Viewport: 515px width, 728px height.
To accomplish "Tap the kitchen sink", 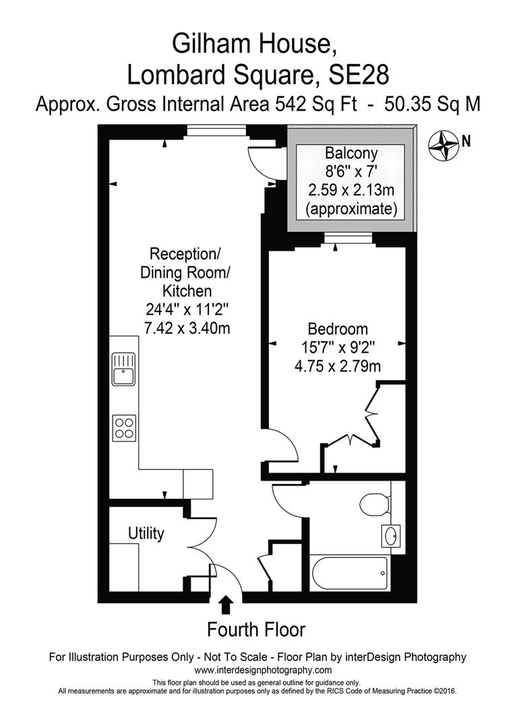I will point(124,368).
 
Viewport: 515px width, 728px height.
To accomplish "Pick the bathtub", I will point(349,573).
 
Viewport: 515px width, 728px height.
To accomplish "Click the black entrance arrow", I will point(227,604).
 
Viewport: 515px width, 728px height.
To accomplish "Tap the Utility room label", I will point(146,534).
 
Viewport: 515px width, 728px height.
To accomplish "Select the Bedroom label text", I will point(338,330).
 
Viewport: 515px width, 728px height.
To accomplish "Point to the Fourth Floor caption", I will point(256,630).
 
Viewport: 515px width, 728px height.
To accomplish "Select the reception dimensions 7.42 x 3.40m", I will point(185,327).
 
